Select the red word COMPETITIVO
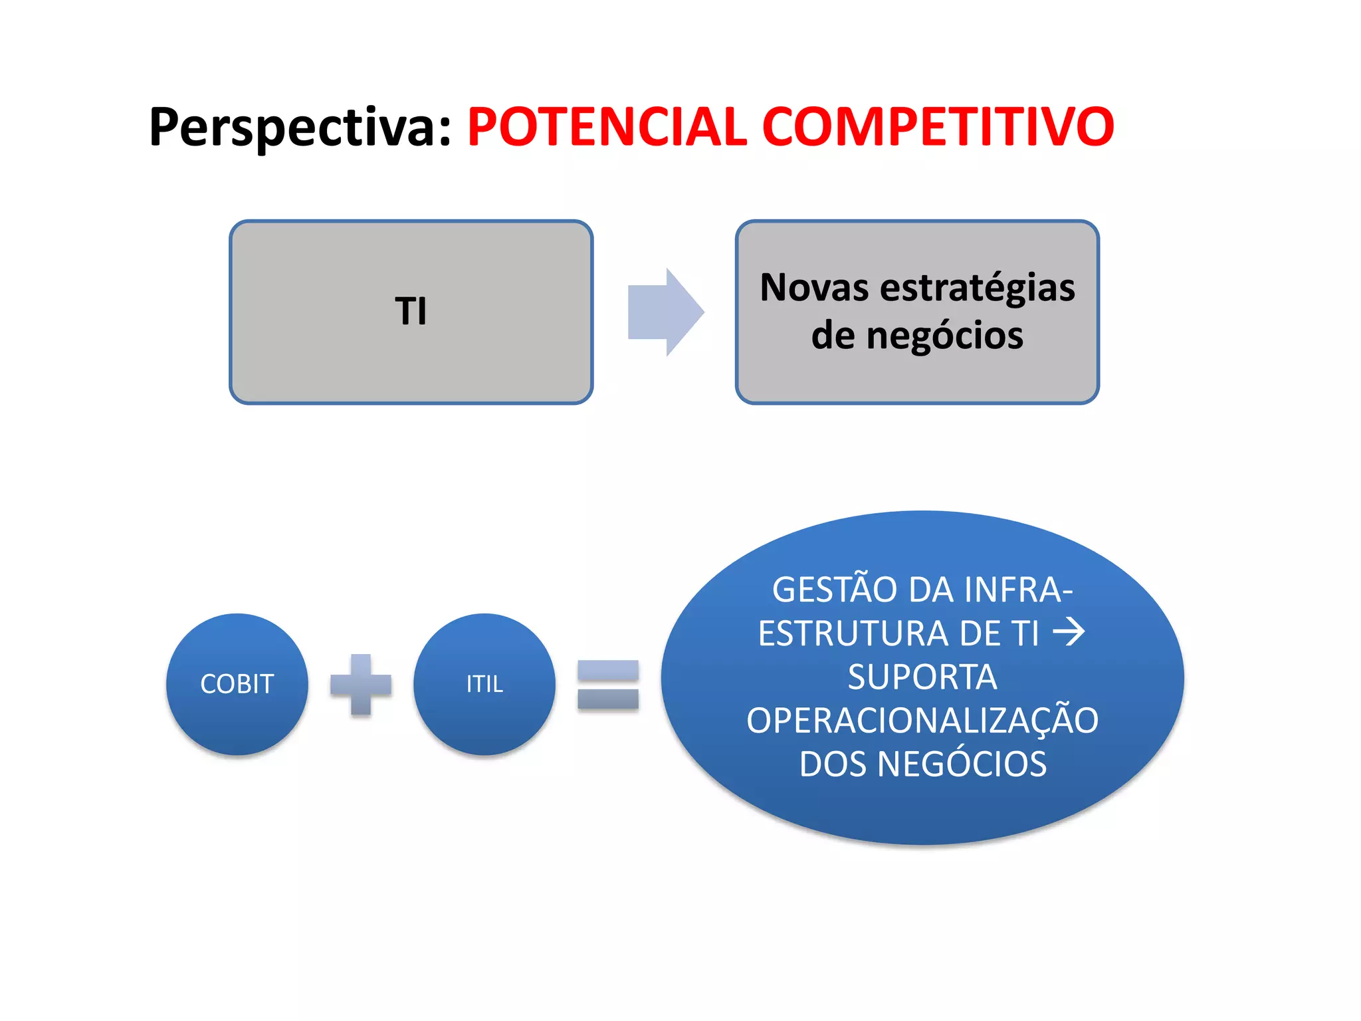tap(938, 127)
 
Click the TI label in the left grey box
tap(411, 311)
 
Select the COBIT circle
tap(237, 684)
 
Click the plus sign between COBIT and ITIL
tap(361, 685)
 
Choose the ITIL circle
tap(484, 684)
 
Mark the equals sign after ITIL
tap(608, 685)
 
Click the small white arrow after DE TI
tap(1069, 631)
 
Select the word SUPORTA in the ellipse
tap(922, 677)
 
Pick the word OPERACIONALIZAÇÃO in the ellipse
tap(922, 721)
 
